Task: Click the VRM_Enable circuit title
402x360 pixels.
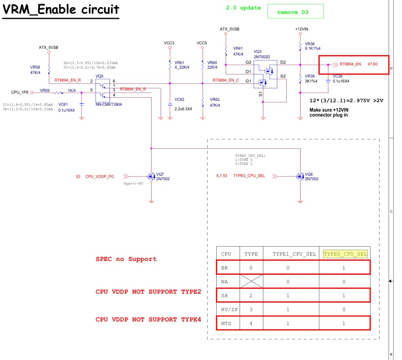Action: click(x=61, y=9)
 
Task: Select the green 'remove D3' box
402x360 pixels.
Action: click(x=295, y=11)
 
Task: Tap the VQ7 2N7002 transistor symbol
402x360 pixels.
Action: click(x=152, y=177)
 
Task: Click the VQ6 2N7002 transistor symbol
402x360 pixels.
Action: click(x=300, y=177)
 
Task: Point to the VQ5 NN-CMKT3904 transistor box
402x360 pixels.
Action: click(x=103, y=91)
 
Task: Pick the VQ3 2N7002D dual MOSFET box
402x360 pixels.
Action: click(x=265, y=74)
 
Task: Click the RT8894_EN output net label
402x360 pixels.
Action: click(x=350, y=64)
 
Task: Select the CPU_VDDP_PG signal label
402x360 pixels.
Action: click(x=100, y=177)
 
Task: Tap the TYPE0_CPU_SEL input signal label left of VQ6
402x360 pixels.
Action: click(x=249, y=176)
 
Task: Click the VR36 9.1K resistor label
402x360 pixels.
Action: click(x=313, y=46)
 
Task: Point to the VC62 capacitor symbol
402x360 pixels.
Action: click(x=170, y=104)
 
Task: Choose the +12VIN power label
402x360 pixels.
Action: click(x=302, y=29)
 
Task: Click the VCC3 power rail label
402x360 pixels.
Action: click(x=169, y=43)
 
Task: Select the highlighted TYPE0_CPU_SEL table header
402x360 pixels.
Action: click(x=345, y=254)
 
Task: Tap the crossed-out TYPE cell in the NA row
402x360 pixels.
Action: click(x=251, y=282)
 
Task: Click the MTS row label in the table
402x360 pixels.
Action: click(x=226, y=323)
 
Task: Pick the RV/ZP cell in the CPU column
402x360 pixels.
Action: click(x=229, y=309)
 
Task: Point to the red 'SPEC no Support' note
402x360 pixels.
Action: click(x=126, y=259)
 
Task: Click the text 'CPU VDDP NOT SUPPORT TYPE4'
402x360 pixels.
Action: click(x=148, y=320)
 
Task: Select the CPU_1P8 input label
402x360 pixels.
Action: click(x=20, y=92)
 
